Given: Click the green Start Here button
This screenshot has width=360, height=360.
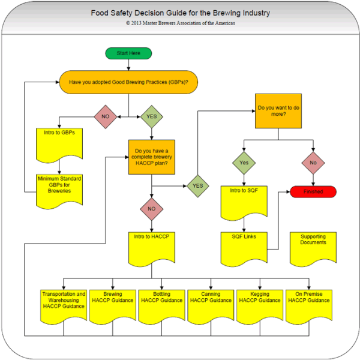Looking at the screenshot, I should [x=128, y=53].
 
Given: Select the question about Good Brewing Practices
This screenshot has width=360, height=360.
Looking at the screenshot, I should [x=128, y=82].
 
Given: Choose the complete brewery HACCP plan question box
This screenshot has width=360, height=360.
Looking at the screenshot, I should [x=152, y=157].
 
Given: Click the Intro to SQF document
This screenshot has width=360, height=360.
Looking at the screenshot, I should [x=244, y=201].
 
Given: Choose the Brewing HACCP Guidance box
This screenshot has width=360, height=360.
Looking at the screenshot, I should [x=113, y=304].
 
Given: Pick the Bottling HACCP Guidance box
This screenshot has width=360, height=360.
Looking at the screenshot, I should [x=161, y=304].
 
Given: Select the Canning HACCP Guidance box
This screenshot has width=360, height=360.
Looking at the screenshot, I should [x=211, y=304].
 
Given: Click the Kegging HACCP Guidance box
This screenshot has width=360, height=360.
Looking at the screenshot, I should [x=259, y=304].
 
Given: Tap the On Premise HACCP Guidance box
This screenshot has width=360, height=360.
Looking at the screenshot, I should [x=308, y=304].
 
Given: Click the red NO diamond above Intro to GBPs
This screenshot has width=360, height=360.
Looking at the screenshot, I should [x=104, y=116].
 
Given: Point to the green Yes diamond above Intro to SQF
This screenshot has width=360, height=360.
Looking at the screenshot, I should [x=244, y=162].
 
